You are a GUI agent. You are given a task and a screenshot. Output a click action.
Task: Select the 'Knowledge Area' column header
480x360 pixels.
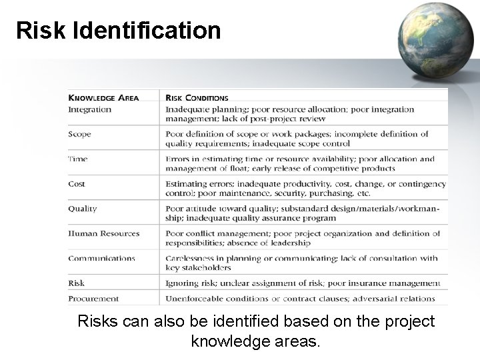tap(103, 98)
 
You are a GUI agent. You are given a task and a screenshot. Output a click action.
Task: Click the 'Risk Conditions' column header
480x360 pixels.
tap(197, 98)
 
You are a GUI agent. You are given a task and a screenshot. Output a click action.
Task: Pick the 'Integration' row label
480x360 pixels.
tap(90, 109)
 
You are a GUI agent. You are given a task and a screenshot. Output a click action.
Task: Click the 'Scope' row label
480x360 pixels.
tap(79, 134)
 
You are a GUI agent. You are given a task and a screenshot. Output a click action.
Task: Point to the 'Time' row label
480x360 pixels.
tap(77, 159)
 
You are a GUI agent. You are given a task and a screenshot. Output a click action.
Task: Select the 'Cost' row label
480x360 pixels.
tap(77, 183)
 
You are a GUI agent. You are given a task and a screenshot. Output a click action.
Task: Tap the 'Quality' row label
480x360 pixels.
tap(82, 209)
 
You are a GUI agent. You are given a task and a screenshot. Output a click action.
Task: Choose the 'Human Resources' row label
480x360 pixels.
tap(103, 233)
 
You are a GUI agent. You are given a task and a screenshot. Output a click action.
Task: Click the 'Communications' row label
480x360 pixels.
tap(101, 258)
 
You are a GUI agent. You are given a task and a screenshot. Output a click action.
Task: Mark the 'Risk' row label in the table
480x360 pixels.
tap(76, 283)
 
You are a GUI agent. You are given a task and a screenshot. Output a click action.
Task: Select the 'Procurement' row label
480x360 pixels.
tap(93, 299)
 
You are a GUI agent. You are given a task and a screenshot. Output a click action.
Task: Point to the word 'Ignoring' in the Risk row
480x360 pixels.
tap(181, 283)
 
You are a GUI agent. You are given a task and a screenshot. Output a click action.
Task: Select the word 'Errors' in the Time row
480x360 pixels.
tap(177, 159)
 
